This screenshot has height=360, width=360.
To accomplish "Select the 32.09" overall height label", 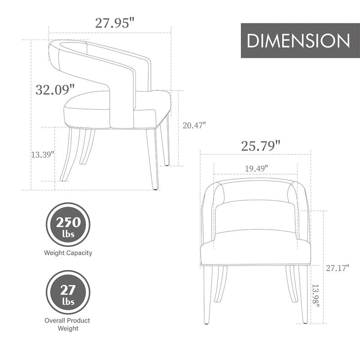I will pos(54,89).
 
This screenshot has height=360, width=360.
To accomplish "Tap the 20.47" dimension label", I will pos(194,126).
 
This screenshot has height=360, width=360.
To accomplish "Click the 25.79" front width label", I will pos(261,145).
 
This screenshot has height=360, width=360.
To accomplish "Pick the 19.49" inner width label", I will pos(256,168).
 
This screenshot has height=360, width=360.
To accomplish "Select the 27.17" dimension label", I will pos(338,268).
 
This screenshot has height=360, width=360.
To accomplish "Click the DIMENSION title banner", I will pos(298,40).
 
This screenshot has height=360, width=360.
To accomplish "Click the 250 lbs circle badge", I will pos(68,225).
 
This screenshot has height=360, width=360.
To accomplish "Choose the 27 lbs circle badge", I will pos(68,292).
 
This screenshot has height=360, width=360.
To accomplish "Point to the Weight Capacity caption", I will pos(68,253).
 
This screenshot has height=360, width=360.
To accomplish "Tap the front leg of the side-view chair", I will pos(153,157).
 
